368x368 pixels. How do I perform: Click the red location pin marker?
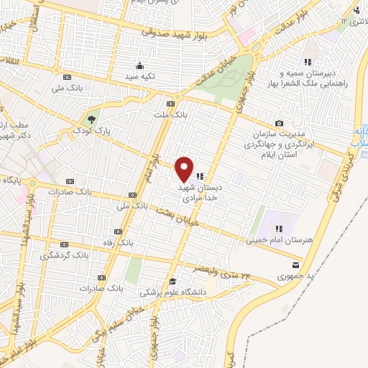(184, 169)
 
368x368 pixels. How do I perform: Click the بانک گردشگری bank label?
(65, 255)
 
